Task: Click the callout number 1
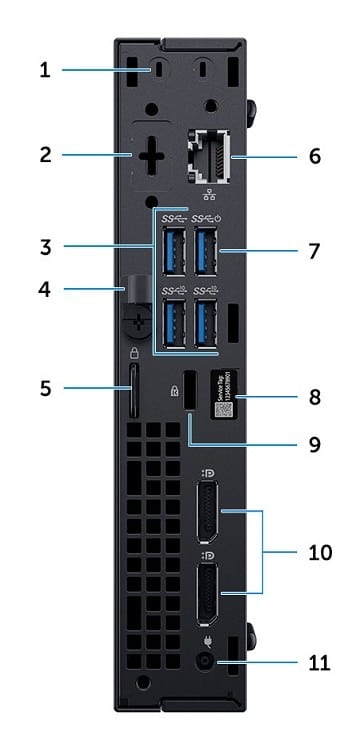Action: coord(45,70)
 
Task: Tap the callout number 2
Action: coord(45,155)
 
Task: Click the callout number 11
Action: coord(316,662)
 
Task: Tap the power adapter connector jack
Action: coord(208,662)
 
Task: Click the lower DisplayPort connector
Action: coord(209,592)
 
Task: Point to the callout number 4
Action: coord(45,291)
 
